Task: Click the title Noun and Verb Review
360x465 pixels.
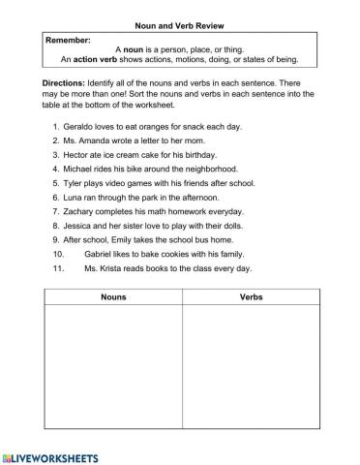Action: (179, 26)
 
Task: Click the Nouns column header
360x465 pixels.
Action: (113, 297)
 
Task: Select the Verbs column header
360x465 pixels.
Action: (251, 297)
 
